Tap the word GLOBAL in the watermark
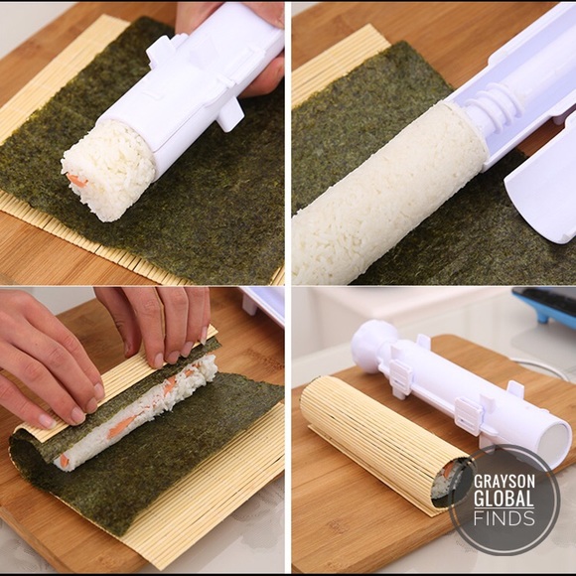pos(505,499)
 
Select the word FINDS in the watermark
pos(505,518)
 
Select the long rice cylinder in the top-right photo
pos(387,194)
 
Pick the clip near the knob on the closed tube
pos(403,373)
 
